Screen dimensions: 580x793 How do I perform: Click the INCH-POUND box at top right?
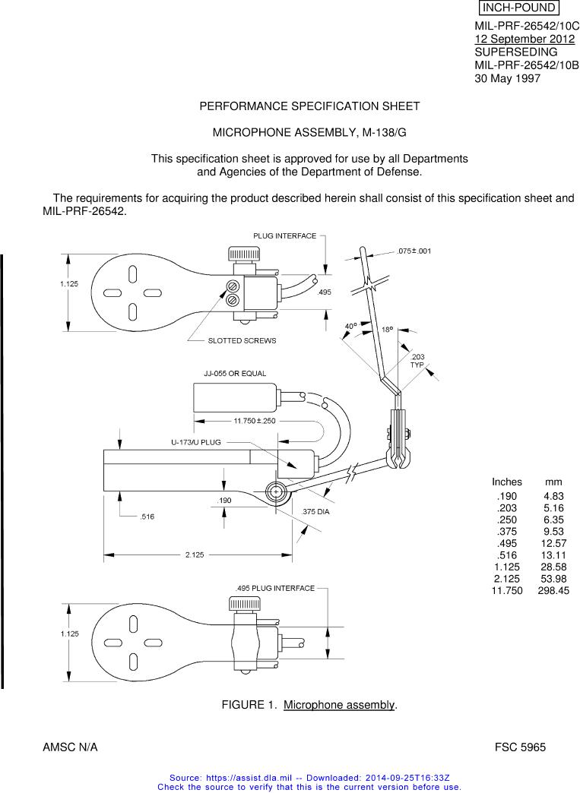(x=518, y=8)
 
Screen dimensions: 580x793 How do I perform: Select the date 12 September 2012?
(x=525, y=39)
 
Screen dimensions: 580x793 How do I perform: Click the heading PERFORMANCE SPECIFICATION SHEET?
(x=309, y=106)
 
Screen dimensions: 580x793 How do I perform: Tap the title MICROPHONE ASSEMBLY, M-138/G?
(x=309, y=132)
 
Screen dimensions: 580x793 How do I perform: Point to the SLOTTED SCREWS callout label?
(x=242, y=341)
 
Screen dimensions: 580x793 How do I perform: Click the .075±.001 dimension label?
(x=414, y=251)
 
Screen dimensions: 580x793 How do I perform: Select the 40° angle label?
(x=350, y=326)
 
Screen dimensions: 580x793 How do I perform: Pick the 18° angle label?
(x=387, y=330)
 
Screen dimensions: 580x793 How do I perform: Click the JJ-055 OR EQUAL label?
(x=235, y=374)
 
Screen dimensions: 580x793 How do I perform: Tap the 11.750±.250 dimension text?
(x=254, y=421)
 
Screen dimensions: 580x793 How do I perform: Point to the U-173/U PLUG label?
(x=196, y=443)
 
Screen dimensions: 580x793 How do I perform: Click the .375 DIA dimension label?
(x=315, y=512)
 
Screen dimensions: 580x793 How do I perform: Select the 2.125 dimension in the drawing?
(x=195, y=554)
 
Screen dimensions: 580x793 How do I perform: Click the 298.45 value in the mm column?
(x=553, y=591)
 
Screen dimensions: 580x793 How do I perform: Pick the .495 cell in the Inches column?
(x=506, y=544)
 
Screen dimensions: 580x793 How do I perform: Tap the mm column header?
(x=553, y=482)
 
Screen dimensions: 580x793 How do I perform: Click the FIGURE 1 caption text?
(x=309, y=705)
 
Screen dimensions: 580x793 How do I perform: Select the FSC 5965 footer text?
(x=520, y=747)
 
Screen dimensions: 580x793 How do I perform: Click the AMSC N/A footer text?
(x=70, y=747)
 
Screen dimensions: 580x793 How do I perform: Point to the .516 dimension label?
(x=147, y=517)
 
